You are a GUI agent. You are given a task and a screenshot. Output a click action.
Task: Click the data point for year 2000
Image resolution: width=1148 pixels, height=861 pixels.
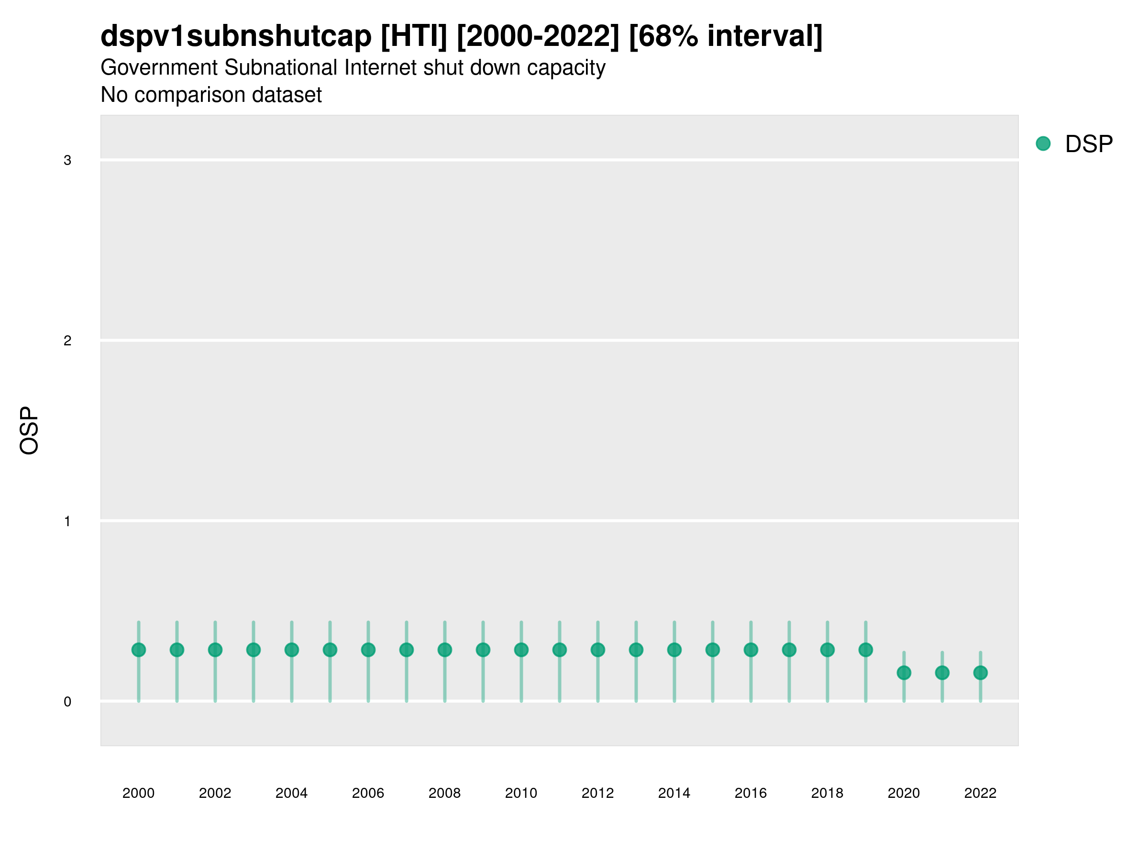point(139,650)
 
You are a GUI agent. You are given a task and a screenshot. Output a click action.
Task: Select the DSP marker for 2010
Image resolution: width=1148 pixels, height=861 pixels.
point(521,650)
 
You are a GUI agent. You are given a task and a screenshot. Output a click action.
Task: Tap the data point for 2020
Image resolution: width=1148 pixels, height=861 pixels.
point(904,673)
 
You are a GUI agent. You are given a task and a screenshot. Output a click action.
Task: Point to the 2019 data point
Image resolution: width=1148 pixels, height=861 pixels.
point(866,650)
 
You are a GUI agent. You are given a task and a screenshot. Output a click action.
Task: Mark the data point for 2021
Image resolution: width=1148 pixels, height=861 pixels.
point(942,673)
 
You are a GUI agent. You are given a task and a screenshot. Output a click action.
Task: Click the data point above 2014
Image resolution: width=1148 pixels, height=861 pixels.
point(674,650)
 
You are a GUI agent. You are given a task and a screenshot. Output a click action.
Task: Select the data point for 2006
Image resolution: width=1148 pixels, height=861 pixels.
point(368,650)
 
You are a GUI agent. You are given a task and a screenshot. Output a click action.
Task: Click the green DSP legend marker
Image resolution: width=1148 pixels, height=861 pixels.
point(1043,144)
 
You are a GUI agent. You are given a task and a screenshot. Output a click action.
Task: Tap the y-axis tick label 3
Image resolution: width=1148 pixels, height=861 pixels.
point(67,160)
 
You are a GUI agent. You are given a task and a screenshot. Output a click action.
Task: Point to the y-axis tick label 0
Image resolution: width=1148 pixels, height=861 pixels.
point(67,702)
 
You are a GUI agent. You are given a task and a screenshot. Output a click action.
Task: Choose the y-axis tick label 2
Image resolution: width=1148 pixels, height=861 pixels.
point(67,341)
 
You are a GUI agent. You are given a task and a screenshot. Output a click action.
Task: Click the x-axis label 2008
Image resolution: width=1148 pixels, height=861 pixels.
point(444,793)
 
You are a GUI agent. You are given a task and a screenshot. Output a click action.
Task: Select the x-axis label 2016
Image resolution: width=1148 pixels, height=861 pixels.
point(751,793)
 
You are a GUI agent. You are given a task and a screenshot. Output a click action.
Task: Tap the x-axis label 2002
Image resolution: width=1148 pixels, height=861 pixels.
point(215,793)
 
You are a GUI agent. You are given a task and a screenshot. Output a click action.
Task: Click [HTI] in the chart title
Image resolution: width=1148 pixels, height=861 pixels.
point(414,36)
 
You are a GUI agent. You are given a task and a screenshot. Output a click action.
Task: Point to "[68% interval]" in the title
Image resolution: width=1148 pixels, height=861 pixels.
point(725,36)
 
